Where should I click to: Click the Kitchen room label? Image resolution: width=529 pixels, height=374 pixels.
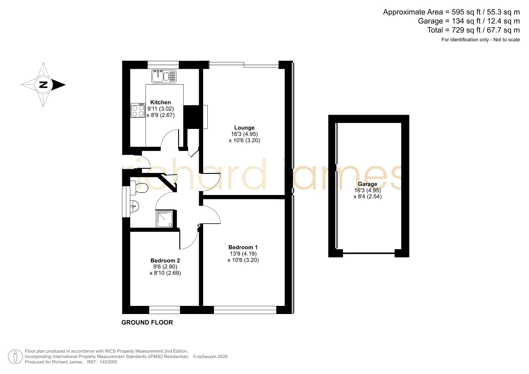point(160,102)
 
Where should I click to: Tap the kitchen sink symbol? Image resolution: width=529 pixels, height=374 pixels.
point(164,76)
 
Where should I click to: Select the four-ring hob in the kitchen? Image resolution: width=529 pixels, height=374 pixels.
point(138,110)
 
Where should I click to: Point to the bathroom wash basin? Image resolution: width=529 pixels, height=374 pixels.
point(135,206)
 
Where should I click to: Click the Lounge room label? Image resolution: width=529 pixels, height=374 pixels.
point(244,128)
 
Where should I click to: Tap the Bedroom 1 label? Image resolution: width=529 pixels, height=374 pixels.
point(243,247)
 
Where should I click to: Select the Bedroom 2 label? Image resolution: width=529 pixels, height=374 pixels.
point(165,261)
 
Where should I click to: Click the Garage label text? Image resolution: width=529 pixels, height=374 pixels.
point(367,184)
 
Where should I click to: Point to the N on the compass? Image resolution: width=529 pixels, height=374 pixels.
point(44,84)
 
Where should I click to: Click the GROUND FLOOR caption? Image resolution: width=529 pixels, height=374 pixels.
point(147,322)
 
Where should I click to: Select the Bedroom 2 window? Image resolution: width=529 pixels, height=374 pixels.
point(165,310)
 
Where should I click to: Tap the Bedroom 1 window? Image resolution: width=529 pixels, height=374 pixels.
point(245,310)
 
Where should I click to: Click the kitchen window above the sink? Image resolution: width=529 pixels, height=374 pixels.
point(163,65)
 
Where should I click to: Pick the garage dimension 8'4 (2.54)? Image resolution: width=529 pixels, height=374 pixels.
point(367,196)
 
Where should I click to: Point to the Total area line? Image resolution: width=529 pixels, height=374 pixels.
point(474,30)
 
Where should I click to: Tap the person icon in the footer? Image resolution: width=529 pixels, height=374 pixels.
point(15,357)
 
